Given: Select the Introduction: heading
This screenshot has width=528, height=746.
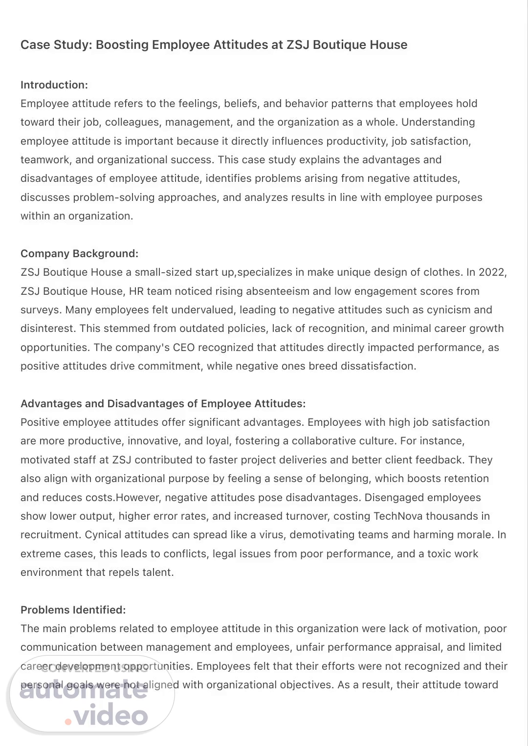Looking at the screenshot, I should click(x=54, y=85).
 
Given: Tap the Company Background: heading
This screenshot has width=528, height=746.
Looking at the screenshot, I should click(x=80, y=254).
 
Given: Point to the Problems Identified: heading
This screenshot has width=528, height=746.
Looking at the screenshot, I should click(x=73, y=610).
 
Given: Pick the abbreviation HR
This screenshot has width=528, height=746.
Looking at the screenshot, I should click(x=136, y=291).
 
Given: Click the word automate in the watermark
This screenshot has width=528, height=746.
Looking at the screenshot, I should click(x=83, y=691).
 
